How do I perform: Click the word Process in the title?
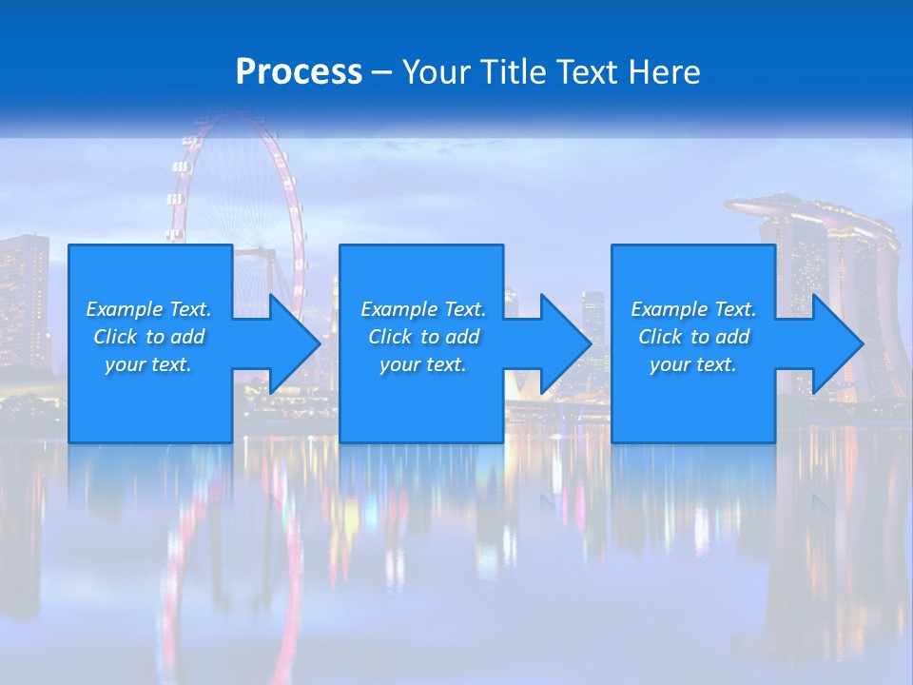[x=299, y=72]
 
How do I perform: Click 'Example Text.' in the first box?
[x=148, y=309]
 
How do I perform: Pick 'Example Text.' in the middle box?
[x=423, y=309]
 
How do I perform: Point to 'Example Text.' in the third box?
[x=693, y=309]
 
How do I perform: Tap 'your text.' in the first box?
[x=148, y=364]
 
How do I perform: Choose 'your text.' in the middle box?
[x=423, y=364]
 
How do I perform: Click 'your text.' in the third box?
[x=693, y=364]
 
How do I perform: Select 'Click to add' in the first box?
[x=148, y=337]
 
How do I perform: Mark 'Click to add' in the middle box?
[x=423, y=337]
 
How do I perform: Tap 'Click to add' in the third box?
[x=693, y=337]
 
